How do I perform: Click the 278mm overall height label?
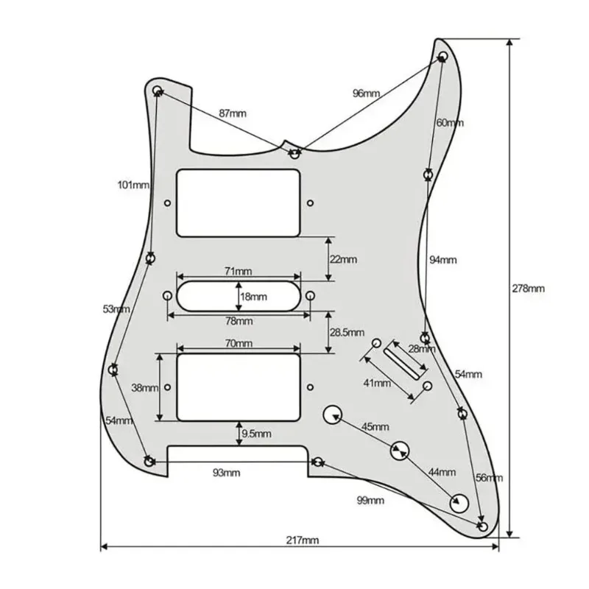click(529, 289)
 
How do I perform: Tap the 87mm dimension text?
click(233, 113)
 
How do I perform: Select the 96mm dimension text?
click(366, 94)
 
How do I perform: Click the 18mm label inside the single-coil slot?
click(254, 297)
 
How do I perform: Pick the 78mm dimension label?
click(238, 322)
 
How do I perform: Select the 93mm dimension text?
click(228, 472)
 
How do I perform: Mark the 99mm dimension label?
click(370, 501)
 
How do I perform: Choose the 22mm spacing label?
click(344, 259)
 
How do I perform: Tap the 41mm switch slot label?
click(377, 383)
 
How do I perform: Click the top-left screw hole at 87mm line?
click(157, 90)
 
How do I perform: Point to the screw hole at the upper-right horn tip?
click(443, 57)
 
